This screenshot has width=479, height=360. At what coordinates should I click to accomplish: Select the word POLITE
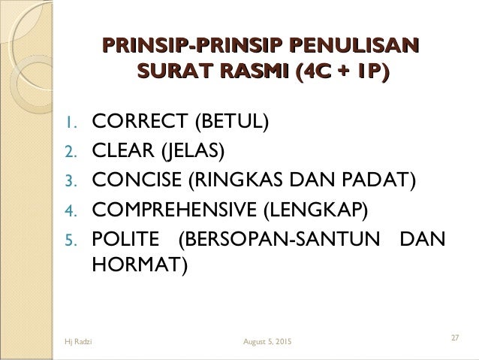[x=125, y=241]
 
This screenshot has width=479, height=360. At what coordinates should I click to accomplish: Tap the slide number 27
[x=455, y=337]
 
